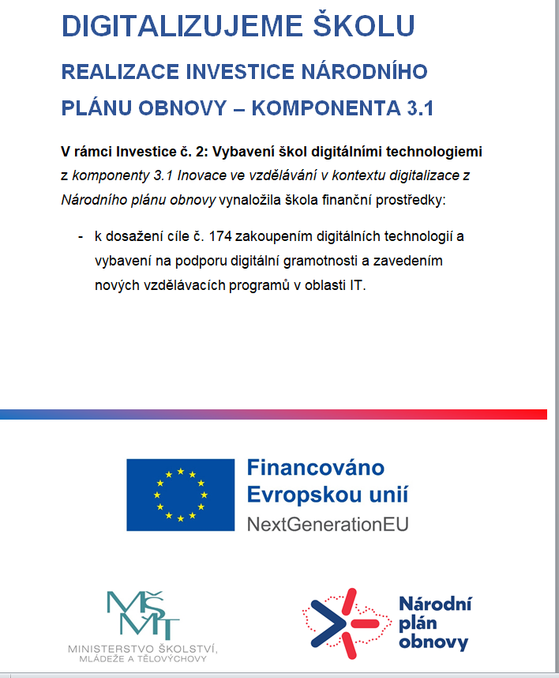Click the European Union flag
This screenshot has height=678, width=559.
(x=181, y=495)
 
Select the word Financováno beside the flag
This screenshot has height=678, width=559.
(x=315, y=467)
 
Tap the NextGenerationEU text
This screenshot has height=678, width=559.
(x=328, y=523)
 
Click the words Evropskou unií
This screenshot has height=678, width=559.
(x=327, y=495)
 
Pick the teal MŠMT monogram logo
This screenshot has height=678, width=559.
(x=142, y=615)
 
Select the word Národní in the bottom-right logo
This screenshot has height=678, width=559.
(x=434, y=605)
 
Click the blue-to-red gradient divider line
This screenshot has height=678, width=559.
(x=273, y=414)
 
